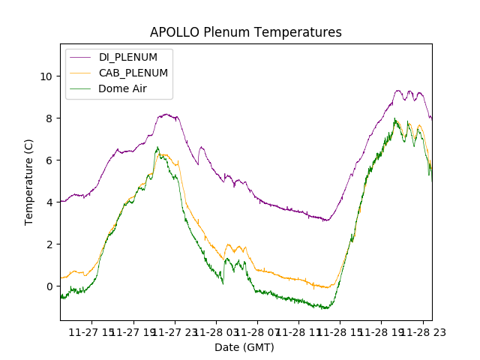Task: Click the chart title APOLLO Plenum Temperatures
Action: (x=245, y=32)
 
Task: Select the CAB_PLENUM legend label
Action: (x=133, y=73)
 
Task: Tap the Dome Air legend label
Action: (x=123, y=88)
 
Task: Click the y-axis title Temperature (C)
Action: (x=29, y=182)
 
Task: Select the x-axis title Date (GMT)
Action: (x=244, y=347)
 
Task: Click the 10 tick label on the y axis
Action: (x=46, y=76)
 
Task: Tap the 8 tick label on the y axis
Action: (x=49, y=118)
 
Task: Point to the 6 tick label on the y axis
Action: (x=49, y=160)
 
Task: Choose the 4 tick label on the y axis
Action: (x=49, y=202)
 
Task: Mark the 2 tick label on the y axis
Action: (x=49, y=244)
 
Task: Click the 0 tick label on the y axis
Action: (x=49, y=286)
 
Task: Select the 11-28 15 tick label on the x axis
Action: (x=339, y=332)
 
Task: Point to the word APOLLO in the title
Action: (x=173, y=32)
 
